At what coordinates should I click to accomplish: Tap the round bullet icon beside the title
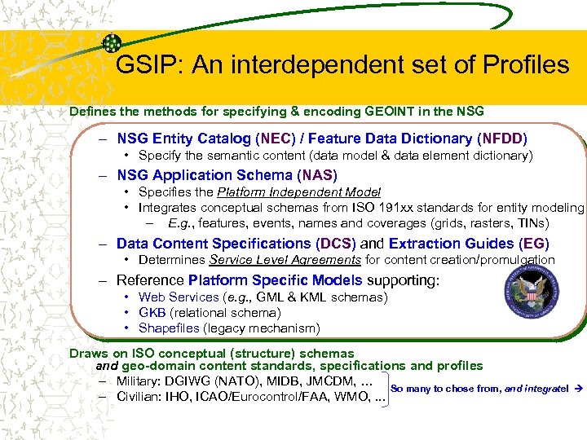point(113,43)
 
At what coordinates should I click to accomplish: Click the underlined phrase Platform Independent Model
point(298,192)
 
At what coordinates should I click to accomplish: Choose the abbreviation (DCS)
point(336,244)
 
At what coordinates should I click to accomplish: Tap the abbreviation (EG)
point(533,244)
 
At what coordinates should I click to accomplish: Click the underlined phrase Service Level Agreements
point(285,260)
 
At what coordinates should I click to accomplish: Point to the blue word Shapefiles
point(169,328)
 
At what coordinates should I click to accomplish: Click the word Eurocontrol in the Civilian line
point(277,397)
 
